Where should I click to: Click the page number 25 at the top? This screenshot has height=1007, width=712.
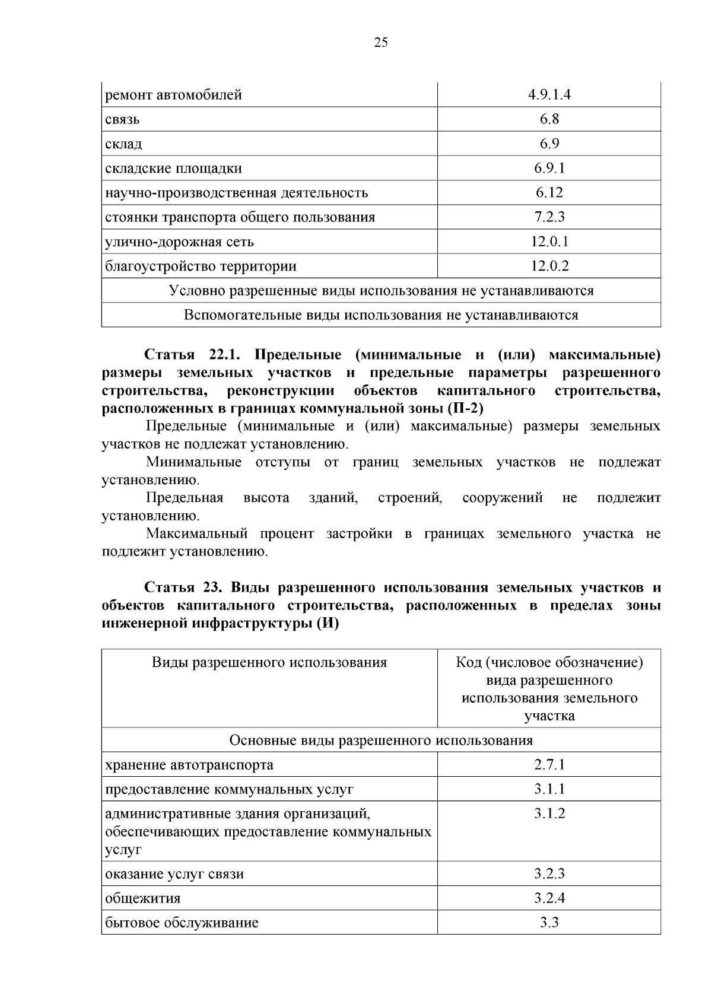(381, 42)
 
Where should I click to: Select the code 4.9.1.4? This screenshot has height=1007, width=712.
(549, 95)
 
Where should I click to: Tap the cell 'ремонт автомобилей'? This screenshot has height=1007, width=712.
(174, 95)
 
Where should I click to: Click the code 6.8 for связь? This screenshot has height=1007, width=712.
(549, 119)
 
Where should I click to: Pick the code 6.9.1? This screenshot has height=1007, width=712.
(549, 169)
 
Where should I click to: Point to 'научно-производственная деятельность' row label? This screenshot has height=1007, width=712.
(236, 193)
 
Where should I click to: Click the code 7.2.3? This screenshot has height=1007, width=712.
(549, 217)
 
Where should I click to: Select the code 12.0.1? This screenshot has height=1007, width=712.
(549, 242)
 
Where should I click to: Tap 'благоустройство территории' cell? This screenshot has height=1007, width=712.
(201, 266)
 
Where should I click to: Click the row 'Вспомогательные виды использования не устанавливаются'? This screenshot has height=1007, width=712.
(381, 315)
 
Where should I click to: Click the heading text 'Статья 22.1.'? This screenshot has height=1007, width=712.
(191, 355)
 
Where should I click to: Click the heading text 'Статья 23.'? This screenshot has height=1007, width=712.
(183, 587)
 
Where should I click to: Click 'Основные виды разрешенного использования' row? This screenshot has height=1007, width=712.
(381, 740)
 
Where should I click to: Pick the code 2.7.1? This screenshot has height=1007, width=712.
(549, 764)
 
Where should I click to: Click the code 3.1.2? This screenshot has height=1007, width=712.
(549, 814)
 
